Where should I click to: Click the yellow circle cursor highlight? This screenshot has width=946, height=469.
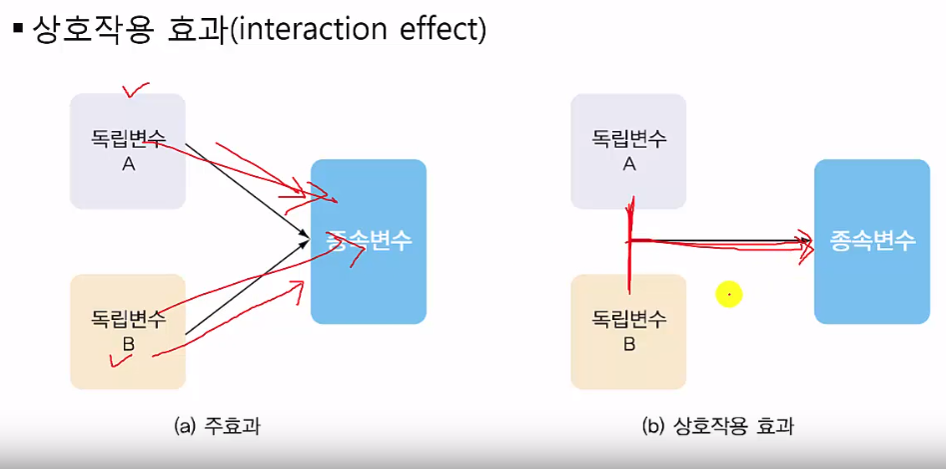click(x=729, y=295)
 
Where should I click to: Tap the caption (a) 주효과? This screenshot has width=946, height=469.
click(x=217, y=427)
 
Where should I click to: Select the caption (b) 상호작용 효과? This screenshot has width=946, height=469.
click(x=717, y=427)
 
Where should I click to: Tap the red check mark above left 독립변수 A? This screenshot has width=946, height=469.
click(x=135, y=90)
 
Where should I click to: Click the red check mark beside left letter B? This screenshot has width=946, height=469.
click(x=120, y=359)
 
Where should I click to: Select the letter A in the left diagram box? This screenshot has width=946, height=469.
click(x=129, y=164)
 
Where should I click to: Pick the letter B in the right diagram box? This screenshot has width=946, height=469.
click(x=628, y=345)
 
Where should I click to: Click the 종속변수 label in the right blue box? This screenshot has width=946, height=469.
click(x=872, y=241)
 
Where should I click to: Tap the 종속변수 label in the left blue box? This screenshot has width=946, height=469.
click(x=369, y=241)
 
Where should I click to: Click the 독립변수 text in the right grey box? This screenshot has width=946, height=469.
click(x=628, y=139)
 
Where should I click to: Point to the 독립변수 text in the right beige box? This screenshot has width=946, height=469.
click(x=628, y=319)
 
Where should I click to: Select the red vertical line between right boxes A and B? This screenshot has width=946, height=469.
click(x=629, y=245)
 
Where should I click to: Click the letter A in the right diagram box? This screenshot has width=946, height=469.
click(x=628, y=164)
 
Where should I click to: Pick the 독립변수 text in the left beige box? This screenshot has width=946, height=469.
click(x=129, y=319)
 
